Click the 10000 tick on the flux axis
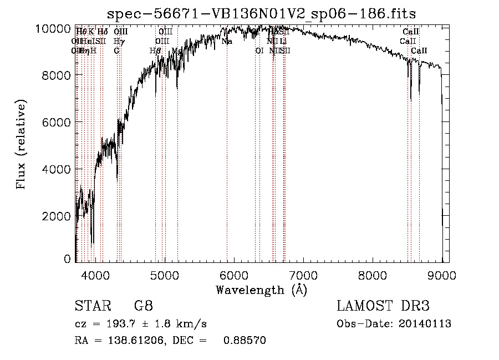coord(53,28)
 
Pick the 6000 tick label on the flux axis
coord(57,122)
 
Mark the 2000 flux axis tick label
coord(57,216)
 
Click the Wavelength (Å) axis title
coord(261,289)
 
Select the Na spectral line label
coord(227,41)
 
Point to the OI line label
coord(259,50)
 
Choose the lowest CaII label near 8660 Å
coord(419,50)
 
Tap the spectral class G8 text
coord(143,306)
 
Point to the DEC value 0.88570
coord(244,341)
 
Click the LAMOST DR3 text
coord(383,306)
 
